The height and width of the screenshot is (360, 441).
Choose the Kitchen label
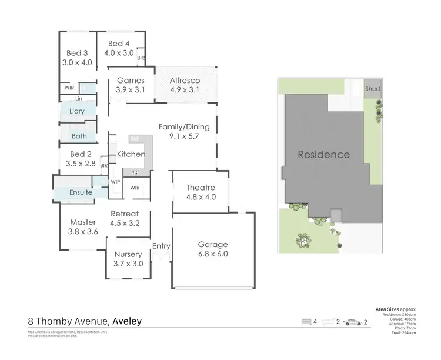pyautogui.click(x=131, y=154)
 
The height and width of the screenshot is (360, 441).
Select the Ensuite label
pyautogui.click(x=81, y=192)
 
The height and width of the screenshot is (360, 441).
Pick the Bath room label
pyautogui.click(x=79, y=136)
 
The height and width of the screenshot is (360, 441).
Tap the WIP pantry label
pyautogui.click(x=115, y=182)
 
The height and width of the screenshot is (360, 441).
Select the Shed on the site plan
pyautogui.click(x=373, y=89)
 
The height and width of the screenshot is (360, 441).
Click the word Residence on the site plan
pyautogui.click(x=323, y=155)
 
